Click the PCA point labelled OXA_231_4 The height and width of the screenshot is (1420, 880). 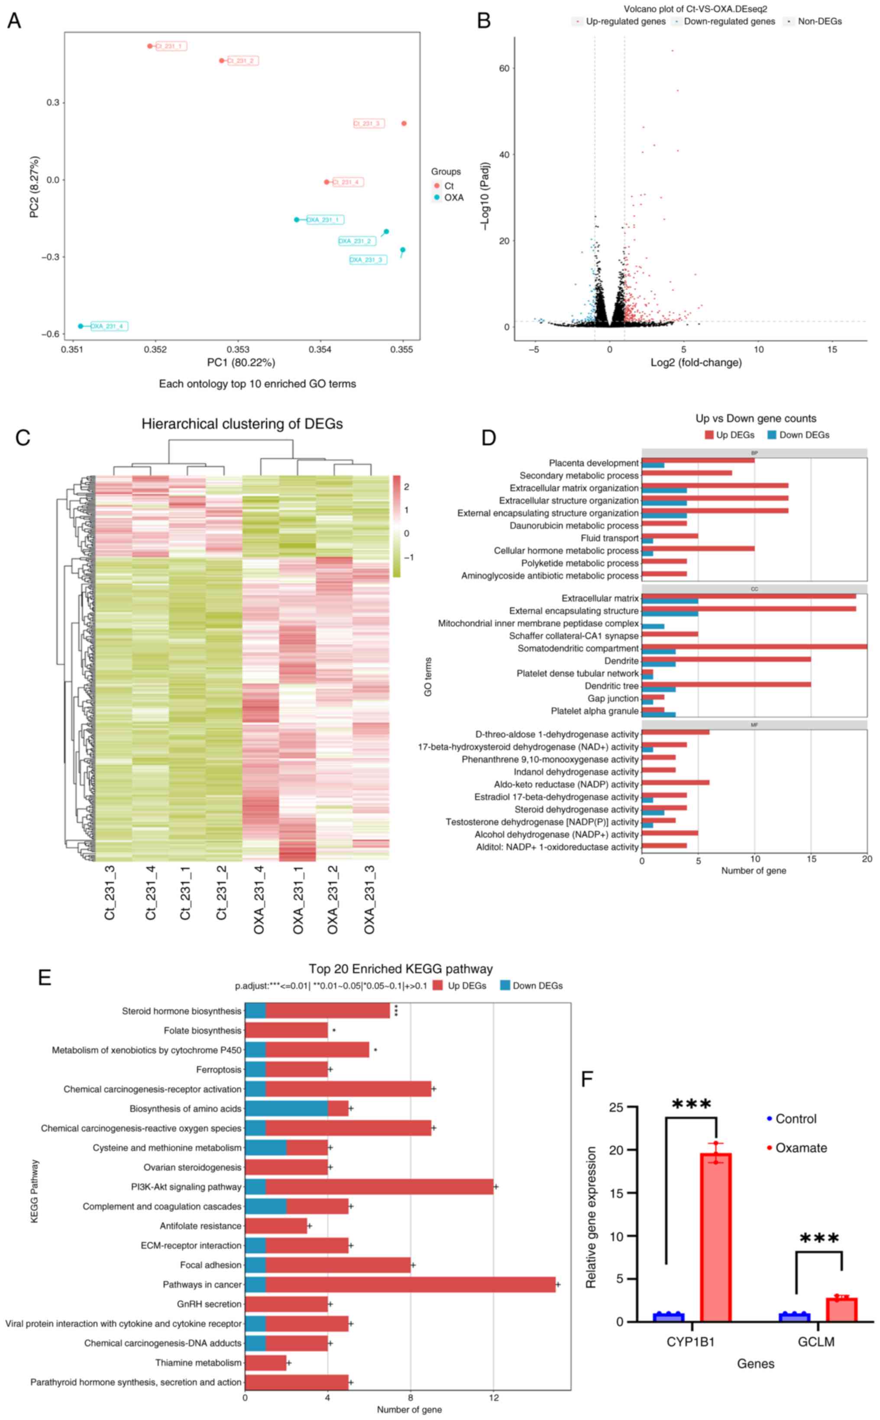pos(81,326)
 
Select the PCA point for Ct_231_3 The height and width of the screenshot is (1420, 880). pos(404,123)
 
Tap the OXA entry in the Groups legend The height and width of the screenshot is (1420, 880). pos(453,198)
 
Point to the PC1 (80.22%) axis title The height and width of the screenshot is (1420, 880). pos(241,362)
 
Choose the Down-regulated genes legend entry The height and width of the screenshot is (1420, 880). pos(729,22)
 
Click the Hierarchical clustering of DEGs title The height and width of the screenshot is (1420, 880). pos(242,424)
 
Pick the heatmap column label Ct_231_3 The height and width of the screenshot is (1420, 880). pos(110,893)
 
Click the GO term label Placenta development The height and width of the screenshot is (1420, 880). pos(594,463)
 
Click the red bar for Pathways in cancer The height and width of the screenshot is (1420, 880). pos(410,1284)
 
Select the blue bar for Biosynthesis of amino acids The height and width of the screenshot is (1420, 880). pos(286,1109)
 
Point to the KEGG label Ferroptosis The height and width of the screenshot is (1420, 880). pos(218,1070)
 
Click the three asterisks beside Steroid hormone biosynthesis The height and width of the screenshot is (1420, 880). pos(396,1011)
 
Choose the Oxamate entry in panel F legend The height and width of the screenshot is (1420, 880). pos(801,1148)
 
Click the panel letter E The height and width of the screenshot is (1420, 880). pos(44,978)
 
